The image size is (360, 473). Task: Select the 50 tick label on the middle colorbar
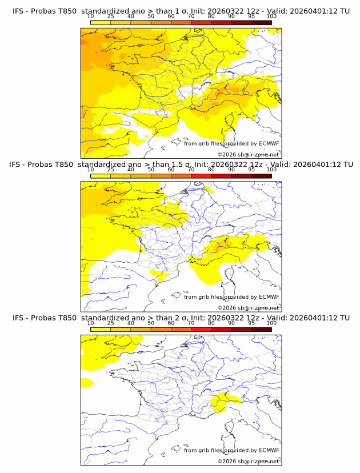[x=151, y=170]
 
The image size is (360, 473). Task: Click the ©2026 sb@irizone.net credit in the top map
[x=249, y=154]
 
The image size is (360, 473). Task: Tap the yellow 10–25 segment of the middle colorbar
[x=101, y=176]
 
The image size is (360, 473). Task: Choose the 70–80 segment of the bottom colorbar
[x=201, y=330]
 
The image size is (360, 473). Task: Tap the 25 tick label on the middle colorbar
[x=111, y=170]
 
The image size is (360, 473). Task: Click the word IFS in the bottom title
[x=18, y=318]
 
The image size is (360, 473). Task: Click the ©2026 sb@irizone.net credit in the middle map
[x=249, y=308]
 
